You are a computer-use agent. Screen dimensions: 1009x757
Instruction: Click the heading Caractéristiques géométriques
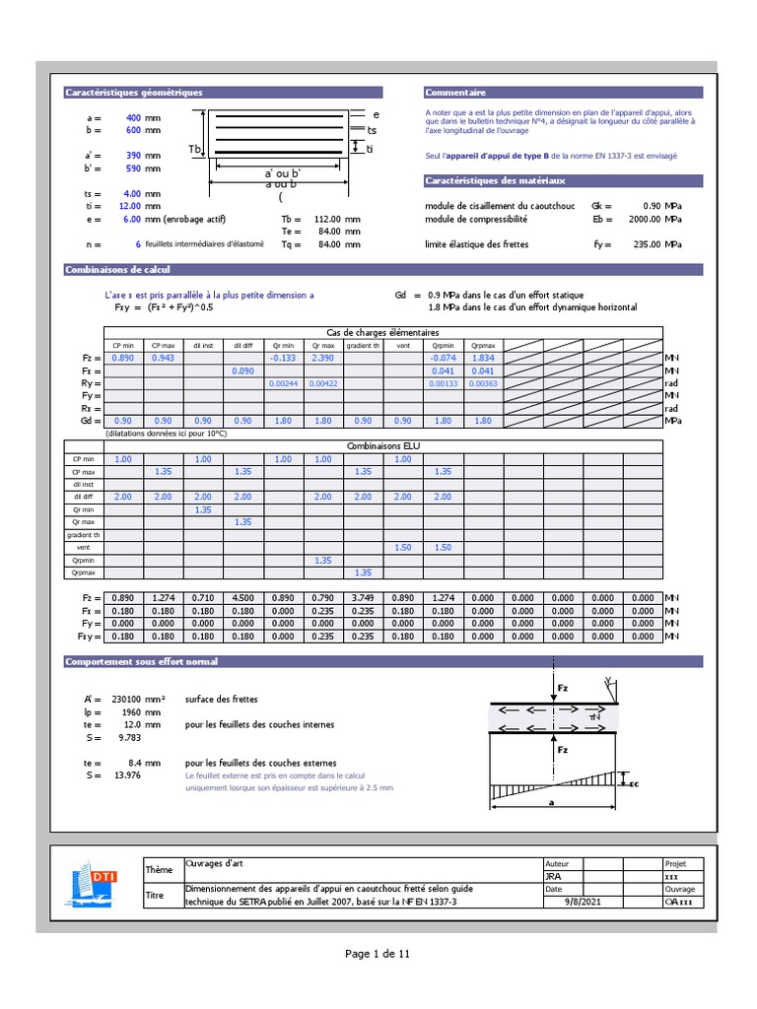tap(134, 93)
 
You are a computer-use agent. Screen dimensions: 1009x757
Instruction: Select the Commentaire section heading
tap(456, 93)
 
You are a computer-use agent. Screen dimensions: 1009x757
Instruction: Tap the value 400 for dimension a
tap(133, 118)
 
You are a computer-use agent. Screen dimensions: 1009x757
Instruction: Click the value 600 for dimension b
tap(133, 130)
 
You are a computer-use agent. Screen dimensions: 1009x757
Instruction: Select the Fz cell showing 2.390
tap(323, 358)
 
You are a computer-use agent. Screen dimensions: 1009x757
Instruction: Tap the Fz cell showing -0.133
tap(284, 358)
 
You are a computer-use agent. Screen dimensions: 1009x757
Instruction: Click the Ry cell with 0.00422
tap(323, 383)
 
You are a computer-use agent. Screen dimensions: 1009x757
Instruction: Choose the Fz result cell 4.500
tap(243, 598)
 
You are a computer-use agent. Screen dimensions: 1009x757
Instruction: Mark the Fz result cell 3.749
tap(363, 598)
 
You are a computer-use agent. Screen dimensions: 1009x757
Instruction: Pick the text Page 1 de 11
tap(378, 954)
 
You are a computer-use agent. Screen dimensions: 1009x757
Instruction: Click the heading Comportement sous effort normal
tap(142, 661)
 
